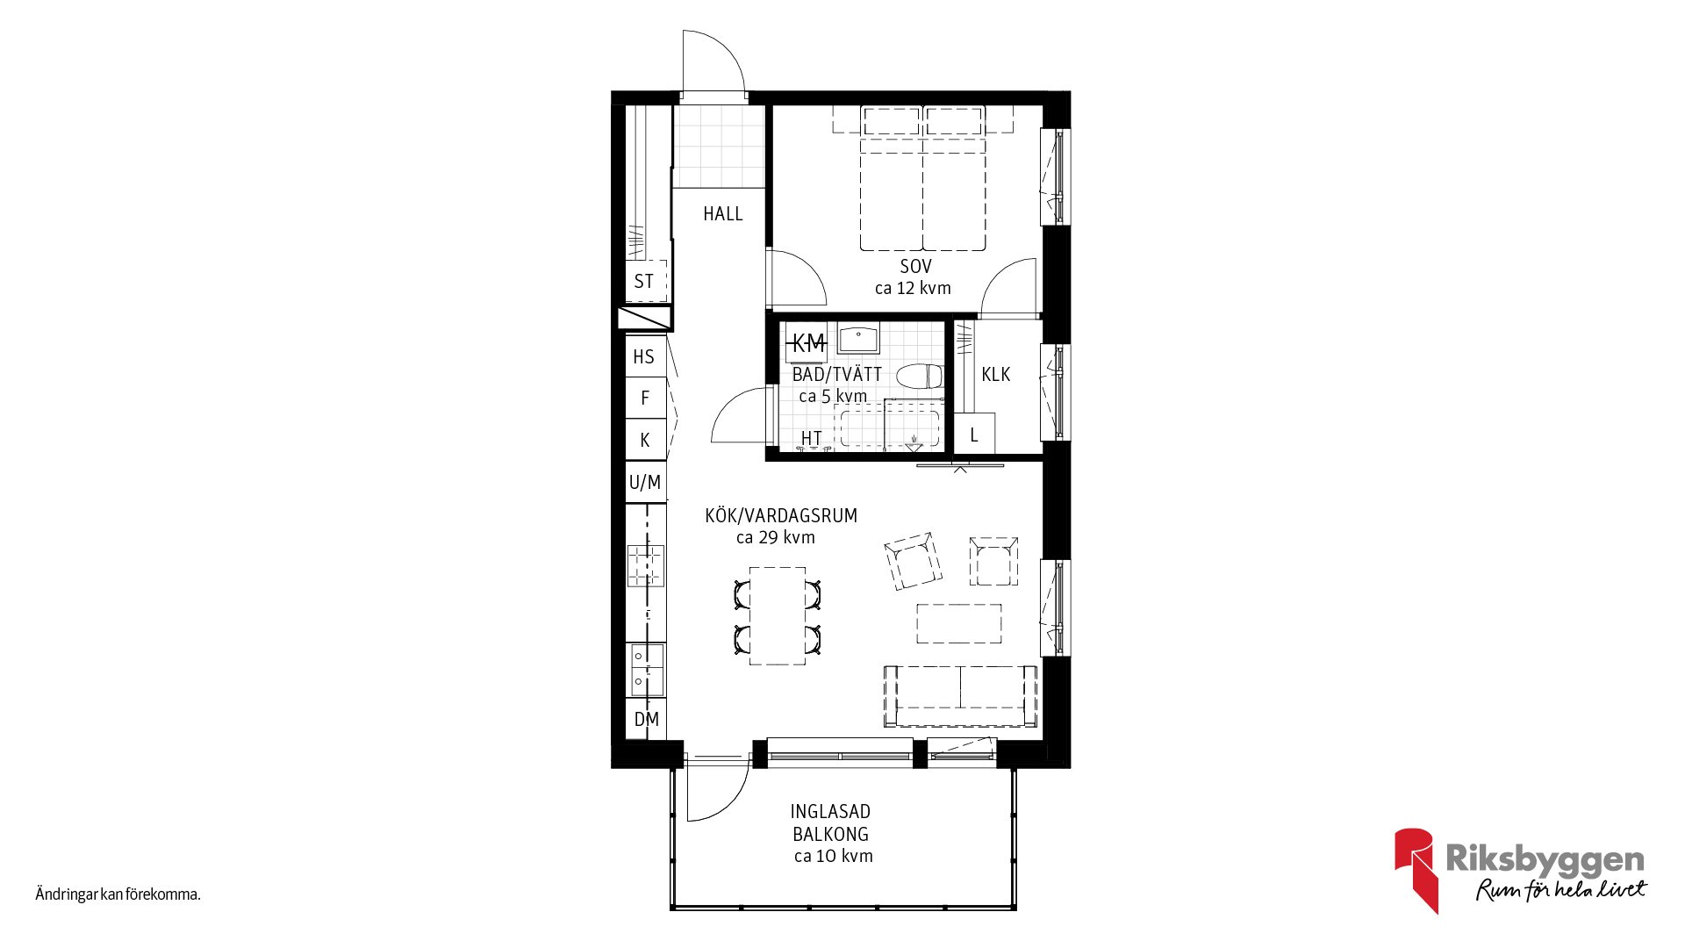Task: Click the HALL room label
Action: tap(722, 213)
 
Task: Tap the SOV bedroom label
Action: tap(915, 266)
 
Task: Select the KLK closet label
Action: tap(995, 375)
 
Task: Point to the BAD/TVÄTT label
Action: tap(836, 374)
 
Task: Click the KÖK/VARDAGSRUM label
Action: tap(781, 516)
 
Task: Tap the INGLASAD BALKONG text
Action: tap(830, 822)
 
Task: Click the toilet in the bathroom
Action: tap(920, 377)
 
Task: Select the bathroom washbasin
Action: tap(858, 340)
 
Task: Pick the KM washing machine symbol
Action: tap(807, 343)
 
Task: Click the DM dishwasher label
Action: tap(646, 720)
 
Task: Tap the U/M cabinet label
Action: tap(645, 482)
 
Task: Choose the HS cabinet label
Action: tap(643, 357)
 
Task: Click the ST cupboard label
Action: tap(643, 282)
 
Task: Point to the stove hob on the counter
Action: tap(645, 565)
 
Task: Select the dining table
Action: tap(778, 615)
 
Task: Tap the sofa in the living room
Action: tap(960, 696)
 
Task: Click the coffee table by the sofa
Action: tap(959, 623)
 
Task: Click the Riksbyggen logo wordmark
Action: tap(1545, 859)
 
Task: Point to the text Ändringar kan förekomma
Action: tap(118, 894)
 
